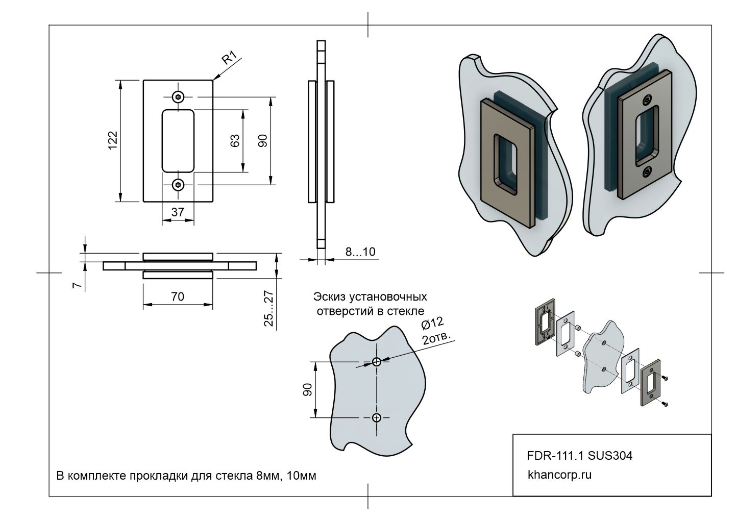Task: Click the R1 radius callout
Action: (229, 58)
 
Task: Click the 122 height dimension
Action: (113, 140)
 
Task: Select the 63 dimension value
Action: (235, 140)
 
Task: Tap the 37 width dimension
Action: (178, 212)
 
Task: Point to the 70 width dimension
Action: (177, 296)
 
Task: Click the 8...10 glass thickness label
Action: (360, 252)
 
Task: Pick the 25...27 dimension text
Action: (269, 308)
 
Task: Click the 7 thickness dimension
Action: (77, 285)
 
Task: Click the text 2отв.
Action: (436, 338)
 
